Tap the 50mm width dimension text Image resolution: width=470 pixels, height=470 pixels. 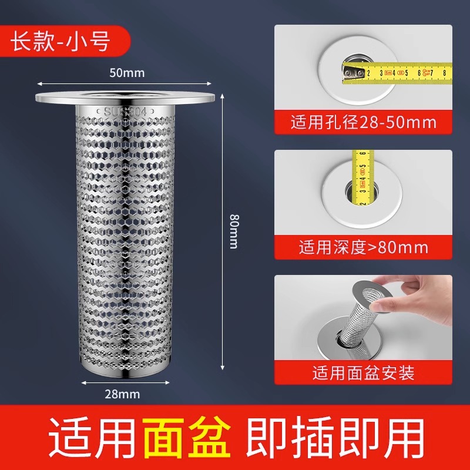tap(127, 73)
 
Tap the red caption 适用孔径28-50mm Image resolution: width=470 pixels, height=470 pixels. tap(364, 123)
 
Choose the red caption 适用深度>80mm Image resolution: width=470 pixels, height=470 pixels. tap(364, 247)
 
